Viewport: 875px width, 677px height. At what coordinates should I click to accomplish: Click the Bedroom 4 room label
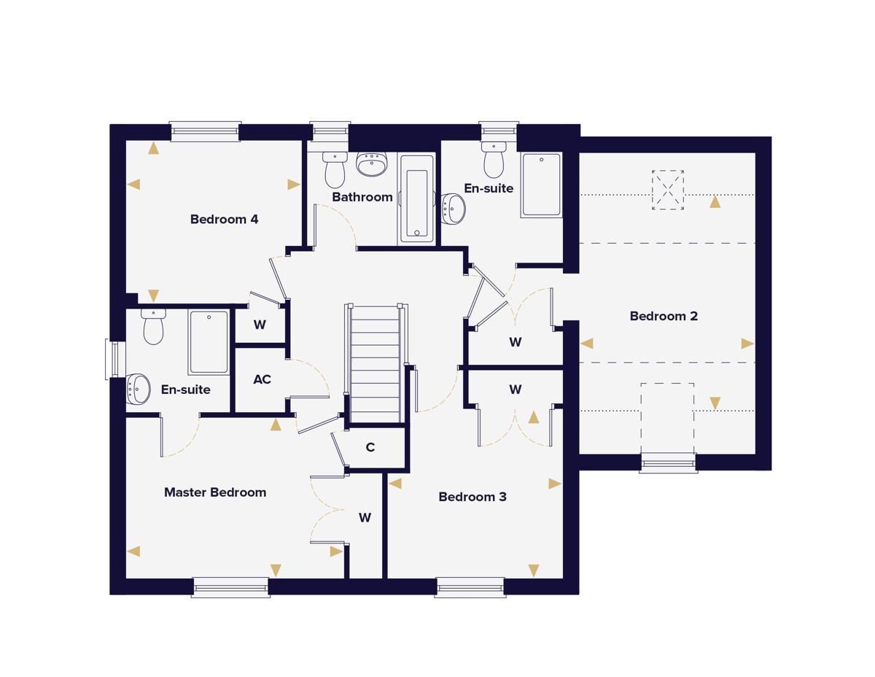tap(224, 220)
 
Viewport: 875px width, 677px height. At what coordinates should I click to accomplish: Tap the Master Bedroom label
tap(215, 492)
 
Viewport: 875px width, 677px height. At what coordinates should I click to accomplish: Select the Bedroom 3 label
tap(472, 497)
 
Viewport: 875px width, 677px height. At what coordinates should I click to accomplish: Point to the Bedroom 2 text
tap(664, 316)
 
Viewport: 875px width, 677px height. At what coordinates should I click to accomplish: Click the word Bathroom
tap(362, 197)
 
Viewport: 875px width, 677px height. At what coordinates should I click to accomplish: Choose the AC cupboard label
tap(262, 379)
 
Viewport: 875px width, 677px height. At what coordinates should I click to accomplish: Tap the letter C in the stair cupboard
tap(370, 447)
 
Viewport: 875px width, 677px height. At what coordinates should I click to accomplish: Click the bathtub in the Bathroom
tap(416, 199)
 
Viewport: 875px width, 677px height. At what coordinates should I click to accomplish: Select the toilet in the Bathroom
tap(335, 170)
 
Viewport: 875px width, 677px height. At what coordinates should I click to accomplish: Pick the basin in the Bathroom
tap(372, 164)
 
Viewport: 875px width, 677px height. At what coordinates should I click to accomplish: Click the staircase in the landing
tap(376, 363)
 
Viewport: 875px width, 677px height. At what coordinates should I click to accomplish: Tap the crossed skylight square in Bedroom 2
tap(668, 190)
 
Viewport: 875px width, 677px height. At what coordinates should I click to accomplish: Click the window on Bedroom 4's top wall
tap(206, 131)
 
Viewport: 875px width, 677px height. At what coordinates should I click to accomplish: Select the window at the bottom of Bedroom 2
tap(668, 463)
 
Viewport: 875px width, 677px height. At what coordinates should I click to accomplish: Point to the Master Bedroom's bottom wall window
tap(230, 587)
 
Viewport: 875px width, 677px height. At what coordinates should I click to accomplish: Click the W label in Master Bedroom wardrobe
tap(365, 517)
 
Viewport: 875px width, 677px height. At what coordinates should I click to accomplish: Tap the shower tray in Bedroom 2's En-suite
tap(541, 185)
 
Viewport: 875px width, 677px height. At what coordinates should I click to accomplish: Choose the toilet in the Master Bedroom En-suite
tap(153, 327)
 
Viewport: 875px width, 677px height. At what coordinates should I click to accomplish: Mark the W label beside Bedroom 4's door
tap(260, 325)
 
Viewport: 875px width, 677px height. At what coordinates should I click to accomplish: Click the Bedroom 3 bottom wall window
tap(470, 587)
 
